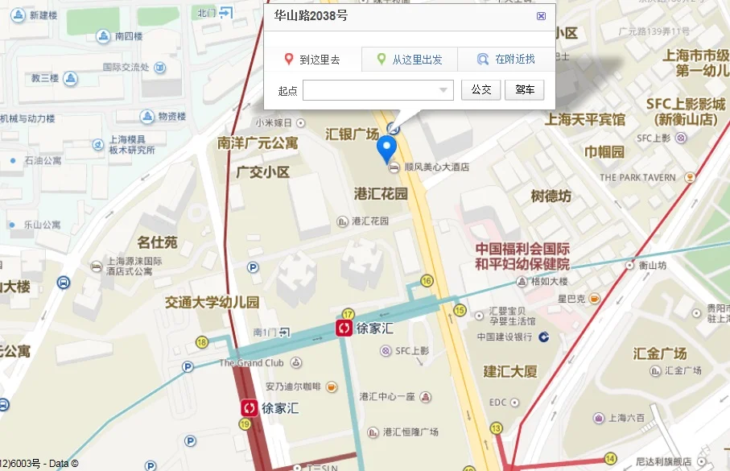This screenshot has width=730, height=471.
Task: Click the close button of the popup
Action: click(541, 15)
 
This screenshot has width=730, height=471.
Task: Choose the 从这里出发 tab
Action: click(410, 60)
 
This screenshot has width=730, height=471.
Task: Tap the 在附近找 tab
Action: click(506, 60)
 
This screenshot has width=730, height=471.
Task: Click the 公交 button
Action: click(480, 90)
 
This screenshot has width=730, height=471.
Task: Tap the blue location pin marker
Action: click(387, 149)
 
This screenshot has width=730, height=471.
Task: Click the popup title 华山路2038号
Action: click(311, 15)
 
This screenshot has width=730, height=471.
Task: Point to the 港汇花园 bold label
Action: click(381, 194)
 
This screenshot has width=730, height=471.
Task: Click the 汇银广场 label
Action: click(352, 133)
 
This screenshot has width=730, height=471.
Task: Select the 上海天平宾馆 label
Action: click(585, 119)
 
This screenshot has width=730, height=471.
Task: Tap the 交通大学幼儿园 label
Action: click(212, 303)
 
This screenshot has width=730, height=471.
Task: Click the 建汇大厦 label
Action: click(510, 371)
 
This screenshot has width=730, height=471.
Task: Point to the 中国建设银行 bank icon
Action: click(544, 337)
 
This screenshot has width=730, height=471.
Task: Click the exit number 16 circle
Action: click(427, 280)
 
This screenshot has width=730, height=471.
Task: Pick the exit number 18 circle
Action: click(201, 342)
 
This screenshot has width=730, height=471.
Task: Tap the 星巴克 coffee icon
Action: click(594, 299)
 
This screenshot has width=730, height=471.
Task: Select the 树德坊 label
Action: click(551, 196)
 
